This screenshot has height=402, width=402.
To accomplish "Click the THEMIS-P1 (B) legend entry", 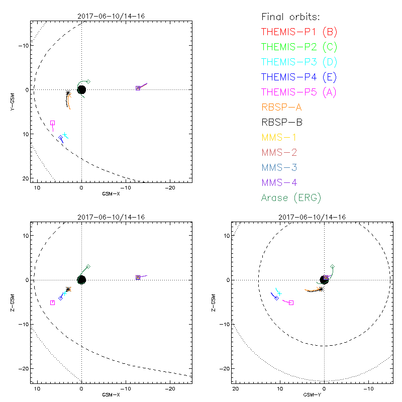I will click(299, 33).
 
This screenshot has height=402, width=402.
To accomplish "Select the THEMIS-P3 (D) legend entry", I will click(299, 62).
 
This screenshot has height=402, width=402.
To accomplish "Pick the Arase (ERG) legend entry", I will click(291, 197).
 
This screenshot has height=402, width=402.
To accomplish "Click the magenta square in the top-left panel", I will click(52, 123).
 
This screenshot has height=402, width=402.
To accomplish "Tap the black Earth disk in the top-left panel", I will click(81, 89).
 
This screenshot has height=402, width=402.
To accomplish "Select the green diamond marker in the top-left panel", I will click(88, 81).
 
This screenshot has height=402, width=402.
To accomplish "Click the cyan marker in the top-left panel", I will click(65, 135).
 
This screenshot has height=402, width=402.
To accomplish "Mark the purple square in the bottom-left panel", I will click(138, 277).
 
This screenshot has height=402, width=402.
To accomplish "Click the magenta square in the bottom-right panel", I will click(291, 303).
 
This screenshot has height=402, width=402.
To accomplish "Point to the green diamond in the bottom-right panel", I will click(332, 266).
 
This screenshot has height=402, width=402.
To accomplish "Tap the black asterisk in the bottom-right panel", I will click(321, 288).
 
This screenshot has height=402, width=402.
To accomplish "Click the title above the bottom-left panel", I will click(111, 217).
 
